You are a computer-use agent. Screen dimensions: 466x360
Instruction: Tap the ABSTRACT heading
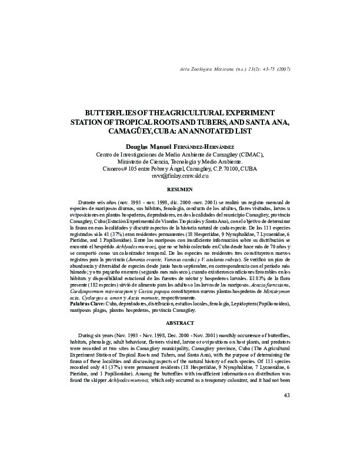(x=180, y=323)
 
